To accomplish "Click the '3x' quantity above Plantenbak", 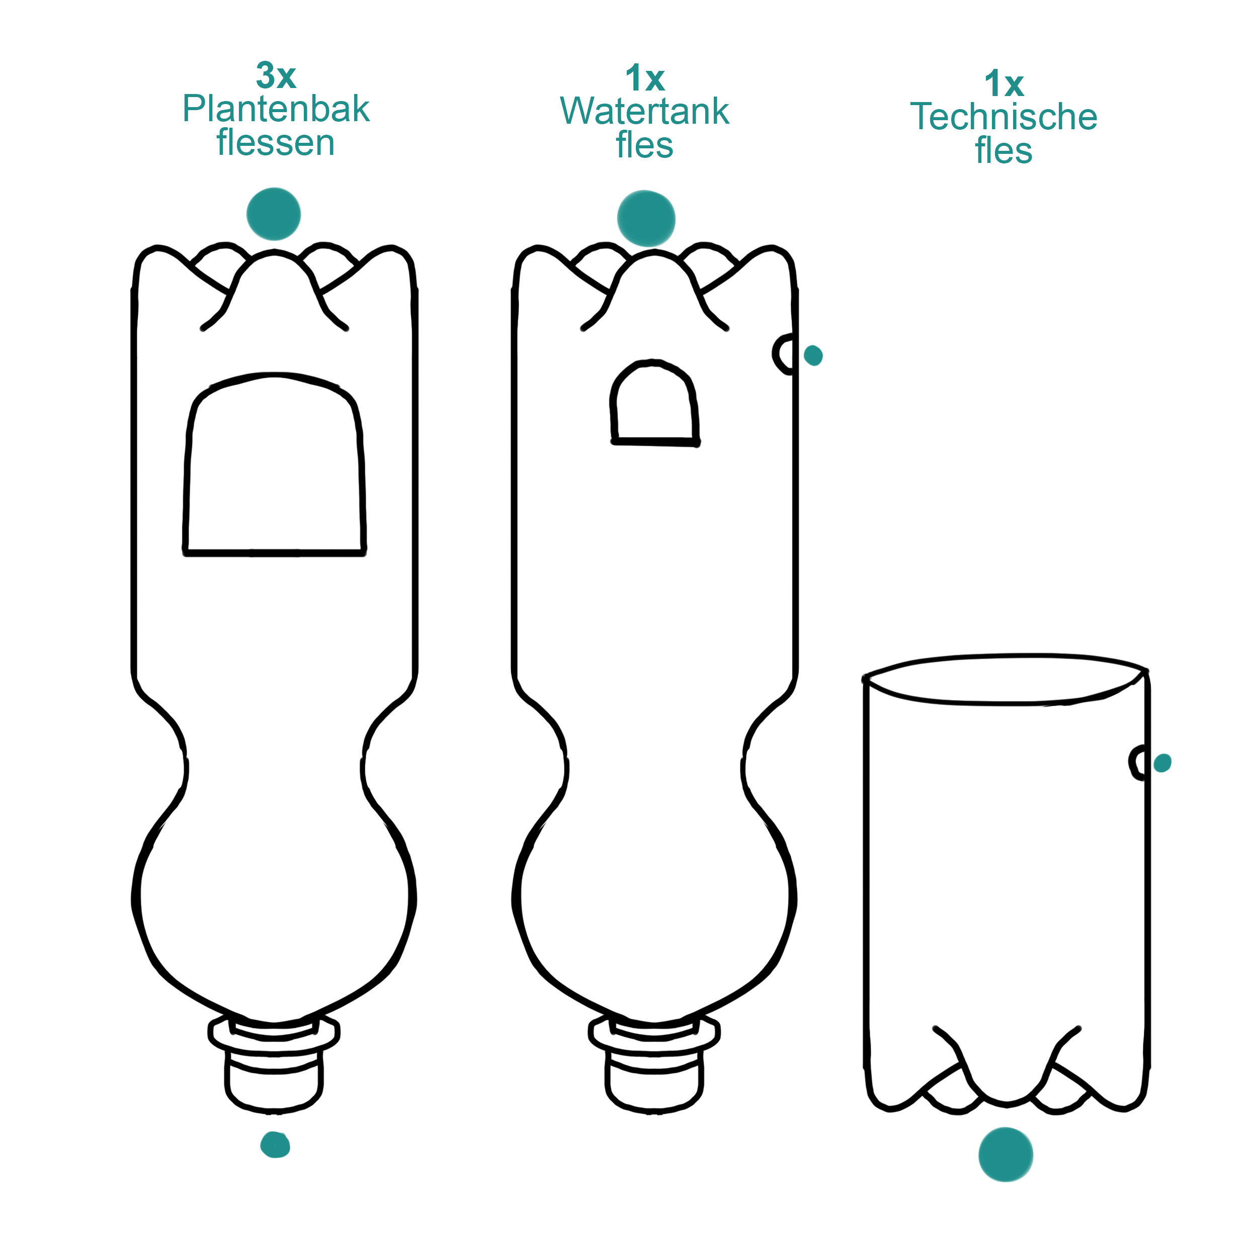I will click(x=276, y=76).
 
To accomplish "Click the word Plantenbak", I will click(x=276, y=109).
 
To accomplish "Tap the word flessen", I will click(x=276, y=143).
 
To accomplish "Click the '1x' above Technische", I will click(x=1004, y=84).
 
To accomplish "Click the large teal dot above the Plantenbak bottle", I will click(x=274, y=214).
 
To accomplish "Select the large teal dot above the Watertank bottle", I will click(x=646, y=218).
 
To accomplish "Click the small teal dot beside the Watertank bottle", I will click(x=813, y=355).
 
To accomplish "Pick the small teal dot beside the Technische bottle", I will click(x=1162, y=763).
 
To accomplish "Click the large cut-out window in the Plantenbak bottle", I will click(x=275, y=472).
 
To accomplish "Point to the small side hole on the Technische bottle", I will click(x=1139, y=763).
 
